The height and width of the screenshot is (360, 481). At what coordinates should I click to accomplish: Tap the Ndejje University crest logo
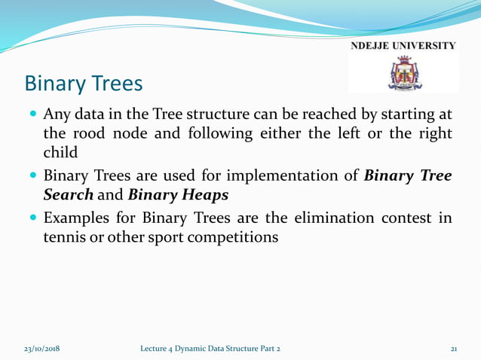(x=403, y=75)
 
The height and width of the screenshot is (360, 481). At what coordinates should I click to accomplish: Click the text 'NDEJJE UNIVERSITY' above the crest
(x=403, y=47)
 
